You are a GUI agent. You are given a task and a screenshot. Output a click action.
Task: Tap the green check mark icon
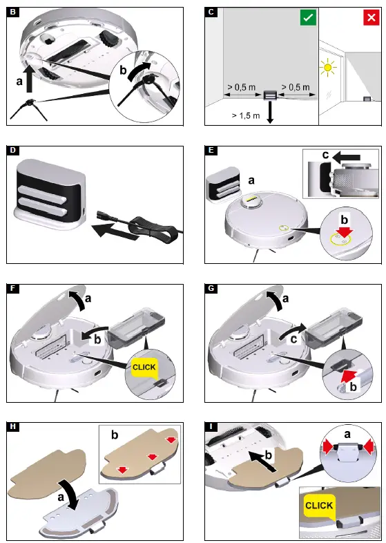(x=307, y=18)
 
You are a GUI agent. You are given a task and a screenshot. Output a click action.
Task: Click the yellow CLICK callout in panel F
(x=144, y=368)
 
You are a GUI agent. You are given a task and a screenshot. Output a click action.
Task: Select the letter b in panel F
(x=97, y=340)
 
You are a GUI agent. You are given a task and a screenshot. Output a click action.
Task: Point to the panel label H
(x=13, y=426)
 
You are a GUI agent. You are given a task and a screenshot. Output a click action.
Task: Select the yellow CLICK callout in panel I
(x=318, y=506)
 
